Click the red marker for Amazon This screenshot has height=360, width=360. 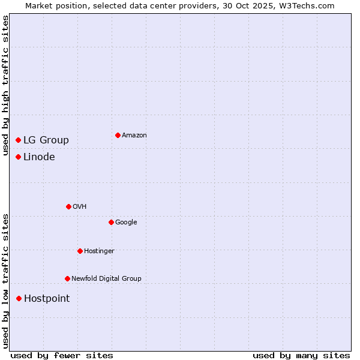118,135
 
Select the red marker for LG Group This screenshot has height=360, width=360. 19,140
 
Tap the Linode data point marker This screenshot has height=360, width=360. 19,157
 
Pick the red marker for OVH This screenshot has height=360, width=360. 68,206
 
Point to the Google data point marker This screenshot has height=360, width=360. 111,222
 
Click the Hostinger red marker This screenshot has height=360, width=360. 80,251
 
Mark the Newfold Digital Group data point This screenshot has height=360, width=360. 67,278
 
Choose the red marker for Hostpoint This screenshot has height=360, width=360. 19,298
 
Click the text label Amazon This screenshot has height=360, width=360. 134,136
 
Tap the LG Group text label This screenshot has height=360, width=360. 46,140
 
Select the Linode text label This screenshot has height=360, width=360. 39,157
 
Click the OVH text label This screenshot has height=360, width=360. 80,207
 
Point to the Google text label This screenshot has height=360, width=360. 126,223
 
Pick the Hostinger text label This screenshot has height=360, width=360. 99,251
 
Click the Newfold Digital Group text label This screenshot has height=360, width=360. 106,279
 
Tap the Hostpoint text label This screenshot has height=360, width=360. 47,299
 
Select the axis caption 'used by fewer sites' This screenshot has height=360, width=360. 62,355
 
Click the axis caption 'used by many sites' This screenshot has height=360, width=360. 301,355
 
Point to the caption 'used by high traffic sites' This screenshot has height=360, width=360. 6,85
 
